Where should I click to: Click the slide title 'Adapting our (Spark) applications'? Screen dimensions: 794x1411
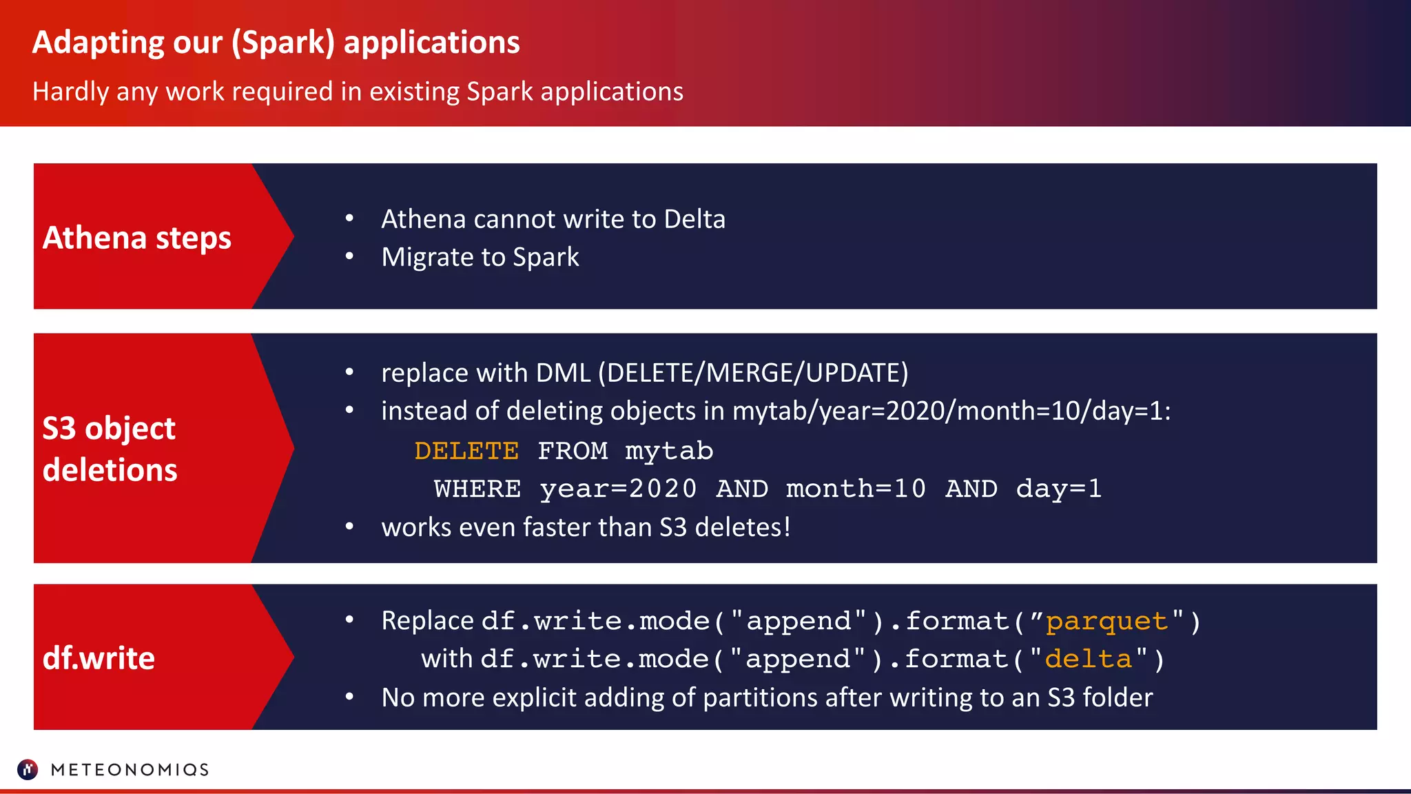276,43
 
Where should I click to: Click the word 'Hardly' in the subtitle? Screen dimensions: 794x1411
70,92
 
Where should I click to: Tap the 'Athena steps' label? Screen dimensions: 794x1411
136,238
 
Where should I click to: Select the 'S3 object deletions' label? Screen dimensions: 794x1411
110,449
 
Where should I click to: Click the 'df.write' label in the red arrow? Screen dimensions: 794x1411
99,658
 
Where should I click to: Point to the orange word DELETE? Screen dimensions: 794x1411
466,451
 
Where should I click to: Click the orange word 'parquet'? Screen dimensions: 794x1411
1106,621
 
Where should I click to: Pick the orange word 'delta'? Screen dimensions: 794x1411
1088,659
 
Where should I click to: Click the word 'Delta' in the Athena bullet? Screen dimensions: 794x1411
694,219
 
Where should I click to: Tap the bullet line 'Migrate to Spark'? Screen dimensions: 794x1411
480,257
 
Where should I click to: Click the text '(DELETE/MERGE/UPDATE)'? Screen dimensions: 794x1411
753,373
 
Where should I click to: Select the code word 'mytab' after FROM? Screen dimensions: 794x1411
669,451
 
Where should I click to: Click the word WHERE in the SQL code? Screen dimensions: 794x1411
477,489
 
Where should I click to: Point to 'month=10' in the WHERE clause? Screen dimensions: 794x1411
856,489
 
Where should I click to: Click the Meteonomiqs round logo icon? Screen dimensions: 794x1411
28,769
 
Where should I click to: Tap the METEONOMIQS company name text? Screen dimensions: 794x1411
130,770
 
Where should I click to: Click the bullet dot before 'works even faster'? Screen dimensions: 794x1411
349,527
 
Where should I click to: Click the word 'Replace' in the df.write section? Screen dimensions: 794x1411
427,620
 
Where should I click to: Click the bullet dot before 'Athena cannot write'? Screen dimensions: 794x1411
349,218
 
